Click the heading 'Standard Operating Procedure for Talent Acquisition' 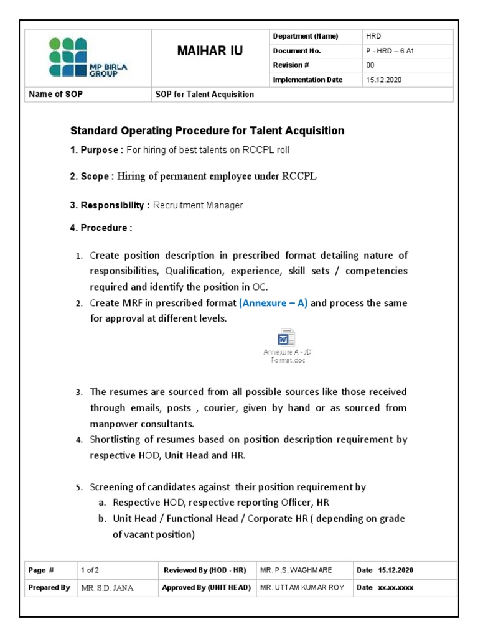tap(207, 131)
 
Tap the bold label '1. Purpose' tap(96, 150)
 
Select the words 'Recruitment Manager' tap(197, 205)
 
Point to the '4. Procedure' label tap(100, 228)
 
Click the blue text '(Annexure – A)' tap(273, 303)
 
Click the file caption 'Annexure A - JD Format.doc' tap(287, 356)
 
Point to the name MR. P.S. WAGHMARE tap(296, 570)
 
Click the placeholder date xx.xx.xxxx tap(395, 588)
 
